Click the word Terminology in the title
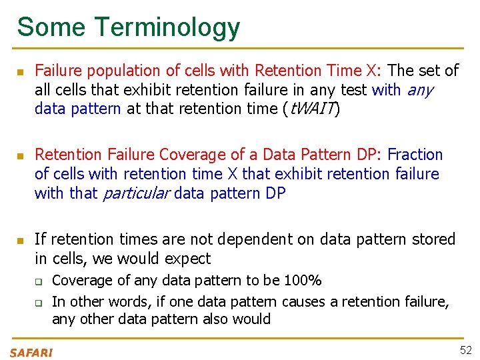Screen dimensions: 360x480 167,27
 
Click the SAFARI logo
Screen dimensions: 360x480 31,352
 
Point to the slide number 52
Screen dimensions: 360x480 465,350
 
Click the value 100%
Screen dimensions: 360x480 303,280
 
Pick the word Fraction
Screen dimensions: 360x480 415,155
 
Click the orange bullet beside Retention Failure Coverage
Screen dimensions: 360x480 20,155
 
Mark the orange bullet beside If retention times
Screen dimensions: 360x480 20,239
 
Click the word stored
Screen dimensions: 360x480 432,239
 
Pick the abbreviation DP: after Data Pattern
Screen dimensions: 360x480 365,155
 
